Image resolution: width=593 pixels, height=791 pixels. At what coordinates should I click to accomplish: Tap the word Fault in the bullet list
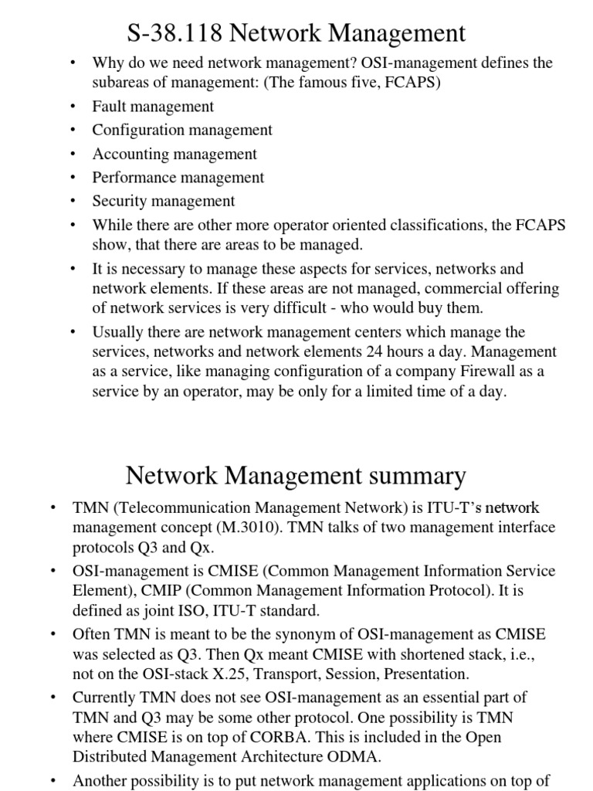pos(109,107)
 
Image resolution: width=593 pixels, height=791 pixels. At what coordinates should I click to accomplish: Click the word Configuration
pos(135,130)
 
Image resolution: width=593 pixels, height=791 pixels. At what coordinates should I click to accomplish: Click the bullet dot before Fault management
pos(73,107)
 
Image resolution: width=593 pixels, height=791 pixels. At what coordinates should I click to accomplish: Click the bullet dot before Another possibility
pos(53,781)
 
